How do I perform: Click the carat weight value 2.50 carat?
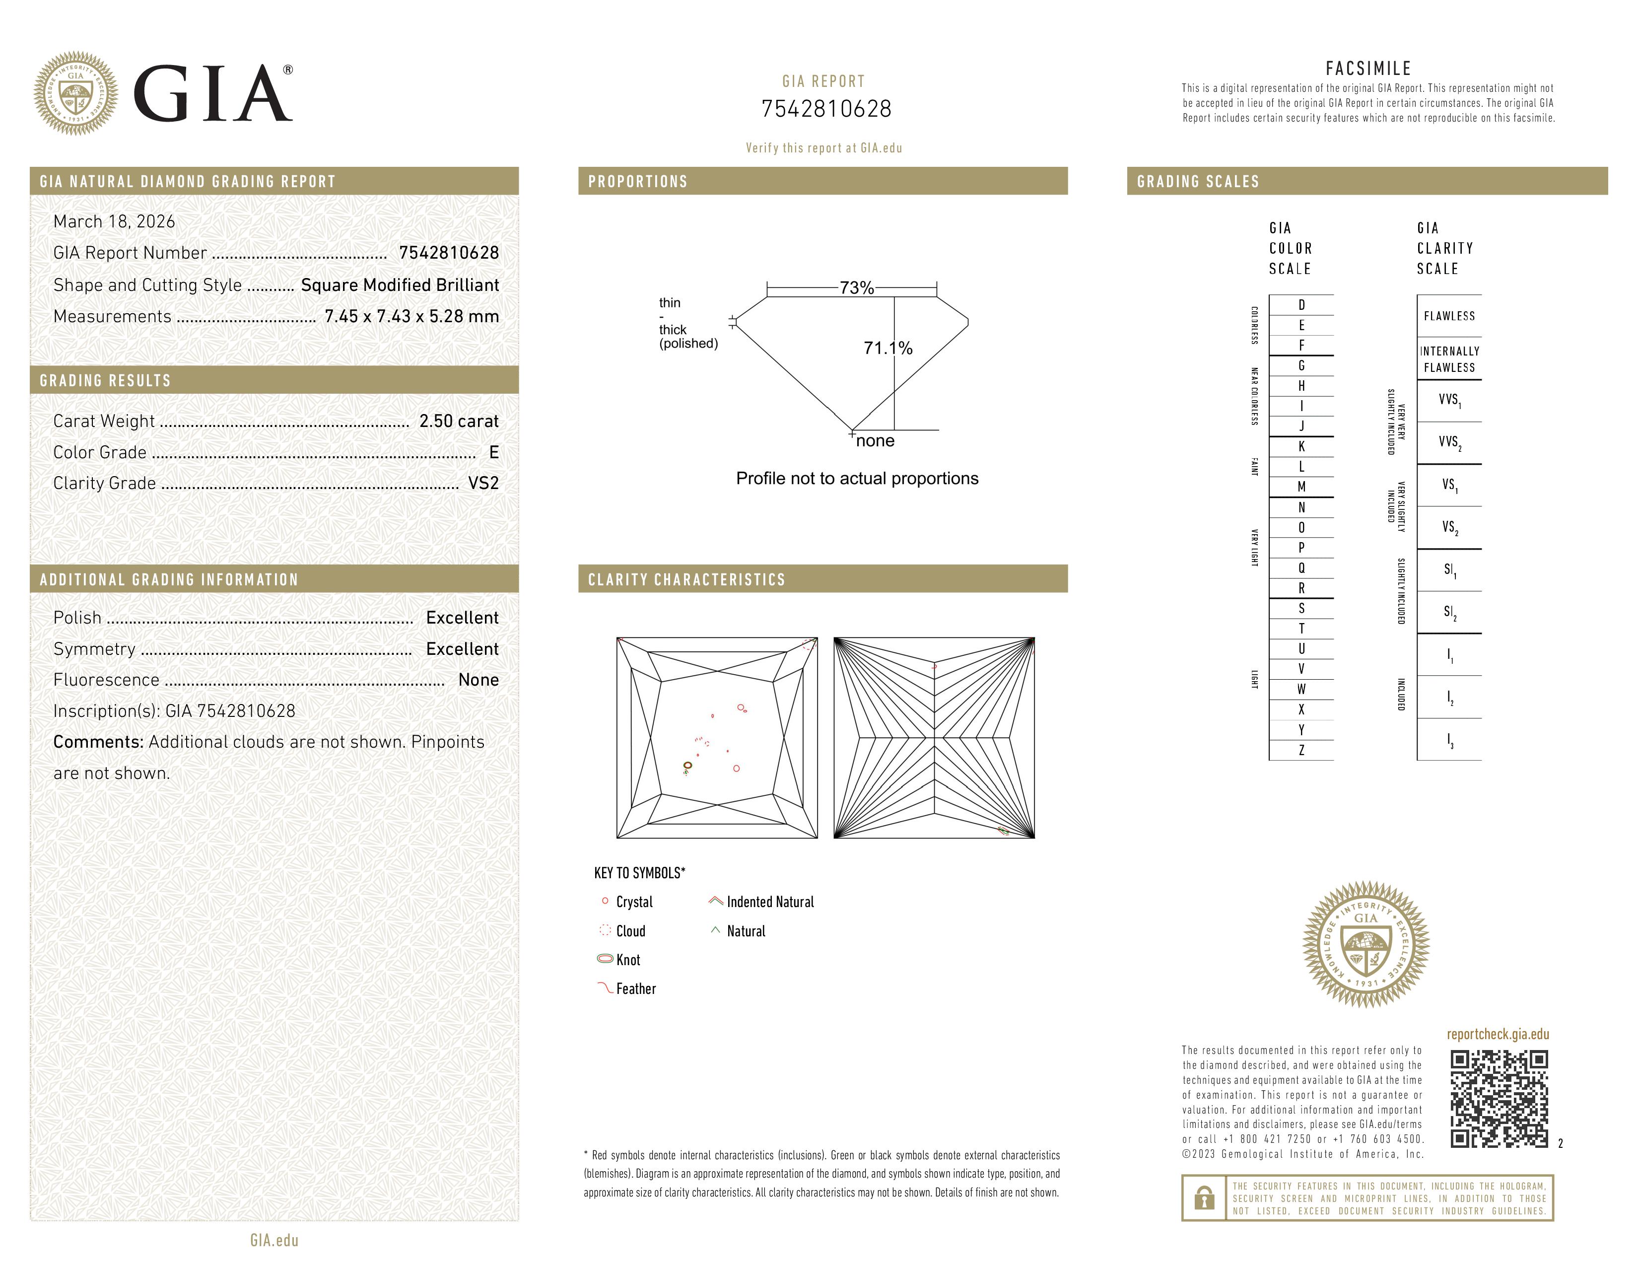458,422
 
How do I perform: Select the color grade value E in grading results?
493,452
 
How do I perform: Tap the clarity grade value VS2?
483,484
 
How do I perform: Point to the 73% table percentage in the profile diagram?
857,288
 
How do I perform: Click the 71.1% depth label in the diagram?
888,348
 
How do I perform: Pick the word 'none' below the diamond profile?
875,441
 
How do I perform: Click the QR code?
1499,1099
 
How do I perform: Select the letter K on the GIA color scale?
1301,447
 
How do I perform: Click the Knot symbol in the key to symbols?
605,959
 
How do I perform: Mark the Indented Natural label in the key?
769,902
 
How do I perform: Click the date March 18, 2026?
114,222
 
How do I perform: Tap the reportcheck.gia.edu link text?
1498,1034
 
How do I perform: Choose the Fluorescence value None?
478,680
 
